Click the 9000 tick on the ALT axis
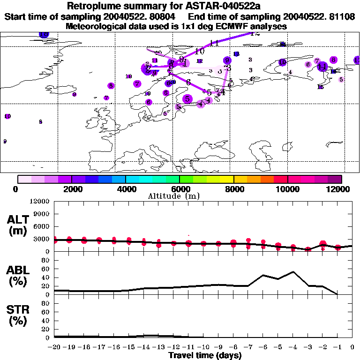click(41, 214)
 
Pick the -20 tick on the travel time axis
click(54, 348)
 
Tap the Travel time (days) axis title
click(205, 356)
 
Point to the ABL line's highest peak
click(293, 271)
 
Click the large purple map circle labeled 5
click(187, 99)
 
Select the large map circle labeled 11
click(322, 66)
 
